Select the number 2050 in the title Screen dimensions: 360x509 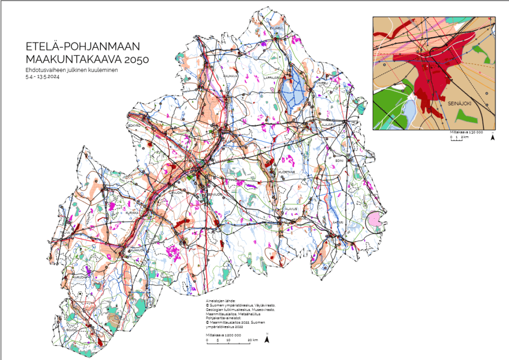pos(135,59)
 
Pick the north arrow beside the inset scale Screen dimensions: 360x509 pos(492,137)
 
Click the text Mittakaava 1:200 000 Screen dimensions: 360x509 pos(224,335)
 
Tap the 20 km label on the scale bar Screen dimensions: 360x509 pos(253,340)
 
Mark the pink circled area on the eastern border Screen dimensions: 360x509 pos(375,220)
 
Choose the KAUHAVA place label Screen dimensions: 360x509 pos(230,76)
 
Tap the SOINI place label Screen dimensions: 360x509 pos(339,161)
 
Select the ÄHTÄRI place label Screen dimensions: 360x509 pos(337,222)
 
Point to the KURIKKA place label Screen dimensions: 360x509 pos(131,213)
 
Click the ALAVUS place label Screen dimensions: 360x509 pos(291,209)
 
